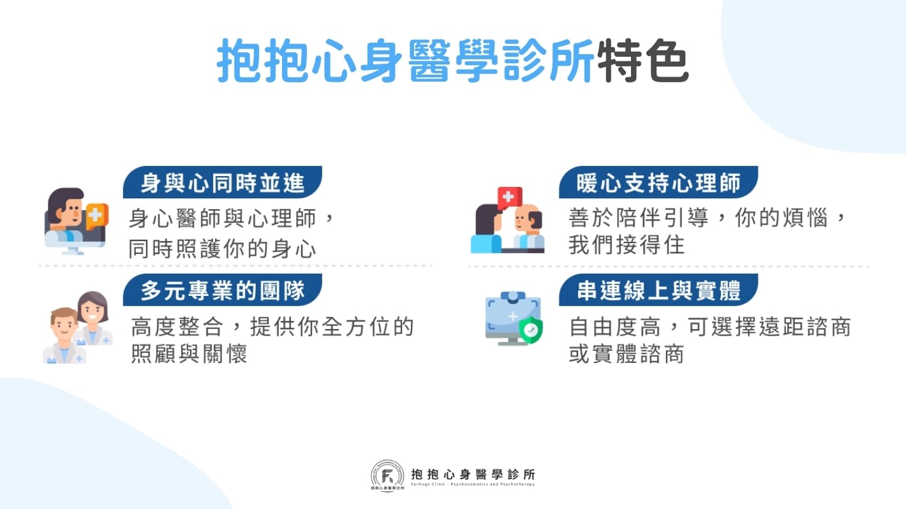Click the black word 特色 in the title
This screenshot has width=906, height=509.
pos(643,62)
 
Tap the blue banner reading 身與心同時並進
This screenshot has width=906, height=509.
pos(221,183)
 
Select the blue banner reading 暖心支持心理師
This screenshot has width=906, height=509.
pos(657,183)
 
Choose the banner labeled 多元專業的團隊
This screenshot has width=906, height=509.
pos(221,290)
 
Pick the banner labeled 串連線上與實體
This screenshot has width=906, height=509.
pos(657,290)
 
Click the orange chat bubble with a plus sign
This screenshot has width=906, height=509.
pos(97,215)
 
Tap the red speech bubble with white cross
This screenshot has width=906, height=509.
pos(509,197)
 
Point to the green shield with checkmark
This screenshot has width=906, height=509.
pos(530,330)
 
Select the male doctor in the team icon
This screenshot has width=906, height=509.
pos(64,335)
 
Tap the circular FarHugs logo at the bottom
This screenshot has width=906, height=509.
pos(387,476)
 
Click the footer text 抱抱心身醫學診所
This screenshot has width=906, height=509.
pos(473,474)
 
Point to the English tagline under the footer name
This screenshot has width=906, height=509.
pos(473,485)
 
